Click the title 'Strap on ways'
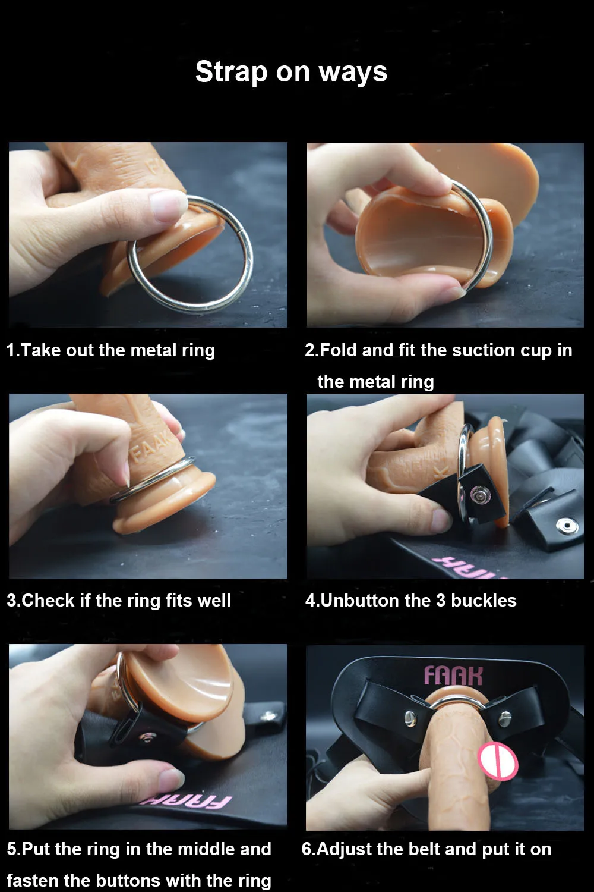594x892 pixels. (x=291, y=72)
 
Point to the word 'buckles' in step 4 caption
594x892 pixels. (x=484, y=600)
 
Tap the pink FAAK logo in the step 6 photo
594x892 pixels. (x=453, y=676)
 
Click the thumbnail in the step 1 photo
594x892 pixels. (x=168, y=205)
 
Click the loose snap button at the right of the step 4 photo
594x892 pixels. (x=567, y=526)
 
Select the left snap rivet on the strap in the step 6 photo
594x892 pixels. (x=410, y=718)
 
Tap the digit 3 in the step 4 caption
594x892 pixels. (x=441, y=600)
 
